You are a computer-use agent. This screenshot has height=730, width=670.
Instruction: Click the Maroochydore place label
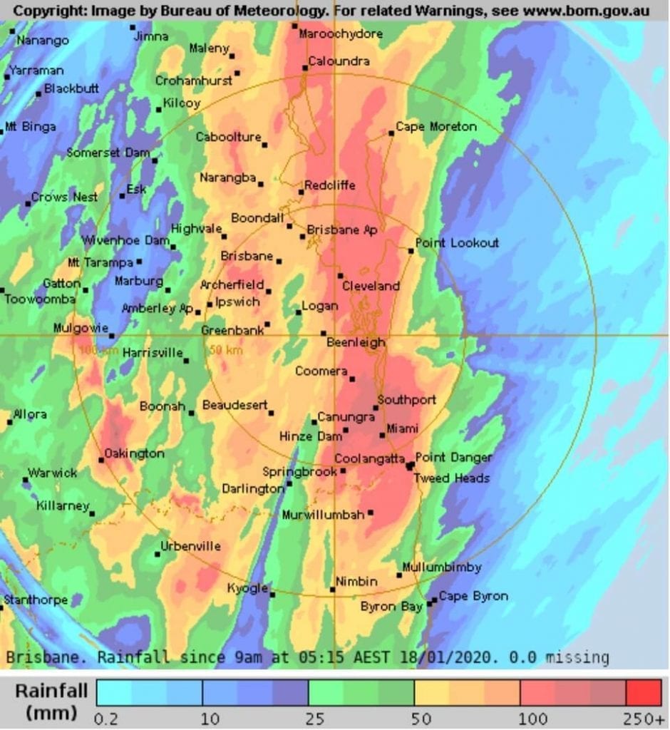(341, 34)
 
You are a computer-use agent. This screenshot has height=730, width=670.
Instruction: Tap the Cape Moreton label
(435, 126)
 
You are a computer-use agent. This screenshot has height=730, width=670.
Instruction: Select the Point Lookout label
(457, 242)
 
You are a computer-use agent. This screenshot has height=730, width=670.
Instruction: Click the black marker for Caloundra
(305, 68)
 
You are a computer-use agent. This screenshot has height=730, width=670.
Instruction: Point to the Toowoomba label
(39, 299)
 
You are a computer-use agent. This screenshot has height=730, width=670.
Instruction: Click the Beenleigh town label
(356, 342)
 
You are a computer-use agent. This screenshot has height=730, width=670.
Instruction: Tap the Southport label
(406, 399)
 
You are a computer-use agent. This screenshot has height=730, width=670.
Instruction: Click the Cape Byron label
(473, 596)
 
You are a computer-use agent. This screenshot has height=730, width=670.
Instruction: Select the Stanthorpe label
(36, 600)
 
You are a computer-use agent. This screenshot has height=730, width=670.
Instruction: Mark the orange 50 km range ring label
(225, 350)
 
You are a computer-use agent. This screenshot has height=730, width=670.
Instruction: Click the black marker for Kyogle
(272, 594)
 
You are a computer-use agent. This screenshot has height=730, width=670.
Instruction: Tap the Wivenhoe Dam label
(125, 240)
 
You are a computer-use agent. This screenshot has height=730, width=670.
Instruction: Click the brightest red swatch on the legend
(644, 692)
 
